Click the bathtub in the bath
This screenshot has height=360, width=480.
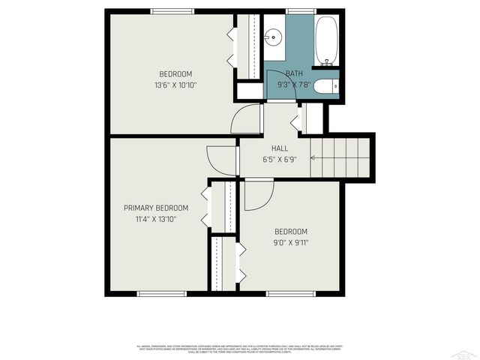click(x=326, y=41)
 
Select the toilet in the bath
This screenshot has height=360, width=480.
click(x=325, y=86)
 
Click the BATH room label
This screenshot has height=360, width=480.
click(x=294, y=73)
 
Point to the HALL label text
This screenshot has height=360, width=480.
click(x=270, y=148)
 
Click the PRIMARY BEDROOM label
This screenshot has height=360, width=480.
click(x=156, y=208)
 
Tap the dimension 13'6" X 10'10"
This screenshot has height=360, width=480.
click(x=175, y=85)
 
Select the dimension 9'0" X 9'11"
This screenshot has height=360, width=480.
click(x=290, y=242)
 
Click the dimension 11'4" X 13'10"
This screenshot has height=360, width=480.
click(x=156, y=219)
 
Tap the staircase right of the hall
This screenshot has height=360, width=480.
click(x=342, y=156)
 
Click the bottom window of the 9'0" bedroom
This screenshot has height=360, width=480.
click(x=289, y=293)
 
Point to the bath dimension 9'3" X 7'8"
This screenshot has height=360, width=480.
click(x=294, y=85)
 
